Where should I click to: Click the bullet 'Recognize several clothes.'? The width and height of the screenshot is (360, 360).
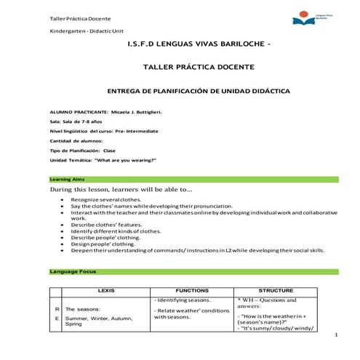[x=106, y=199]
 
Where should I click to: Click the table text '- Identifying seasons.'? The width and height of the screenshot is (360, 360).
[x=183, y=300]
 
